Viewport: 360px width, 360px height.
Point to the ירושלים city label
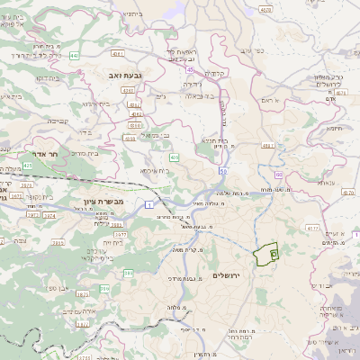229,274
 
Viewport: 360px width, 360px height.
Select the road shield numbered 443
73,56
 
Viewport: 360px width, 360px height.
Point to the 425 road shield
27,166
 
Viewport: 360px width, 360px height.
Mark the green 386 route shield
104,288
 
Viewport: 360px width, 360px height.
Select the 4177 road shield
313,228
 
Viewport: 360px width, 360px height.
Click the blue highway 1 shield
147,206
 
